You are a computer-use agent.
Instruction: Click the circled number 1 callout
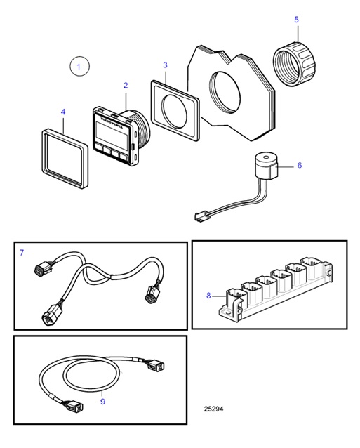(79, 67)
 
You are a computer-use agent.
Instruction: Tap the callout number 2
(126, 85)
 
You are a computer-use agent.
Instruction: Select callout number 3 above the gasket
(165, 65)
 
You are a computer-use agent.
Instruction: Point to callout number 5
(295, 19)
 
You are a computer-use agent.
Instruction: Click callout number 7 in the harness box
(22, 251)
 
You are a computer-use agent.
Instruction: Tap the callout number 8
(208, 296)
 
